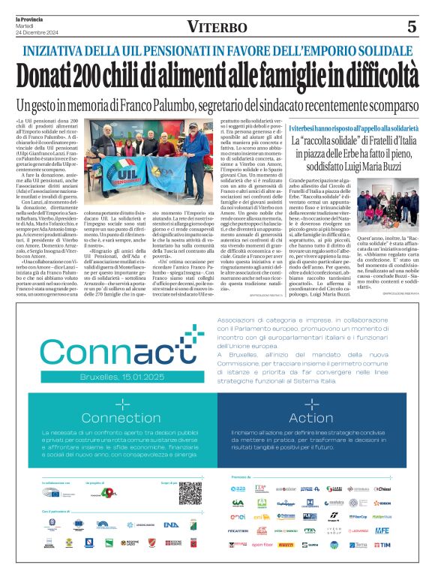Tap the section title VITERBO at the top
tap(217, 28)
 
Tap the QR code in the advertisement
tap(190, 493)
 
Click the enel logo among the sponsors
tap(238, 517)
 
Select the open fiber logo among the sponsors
tap(262, 544)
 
